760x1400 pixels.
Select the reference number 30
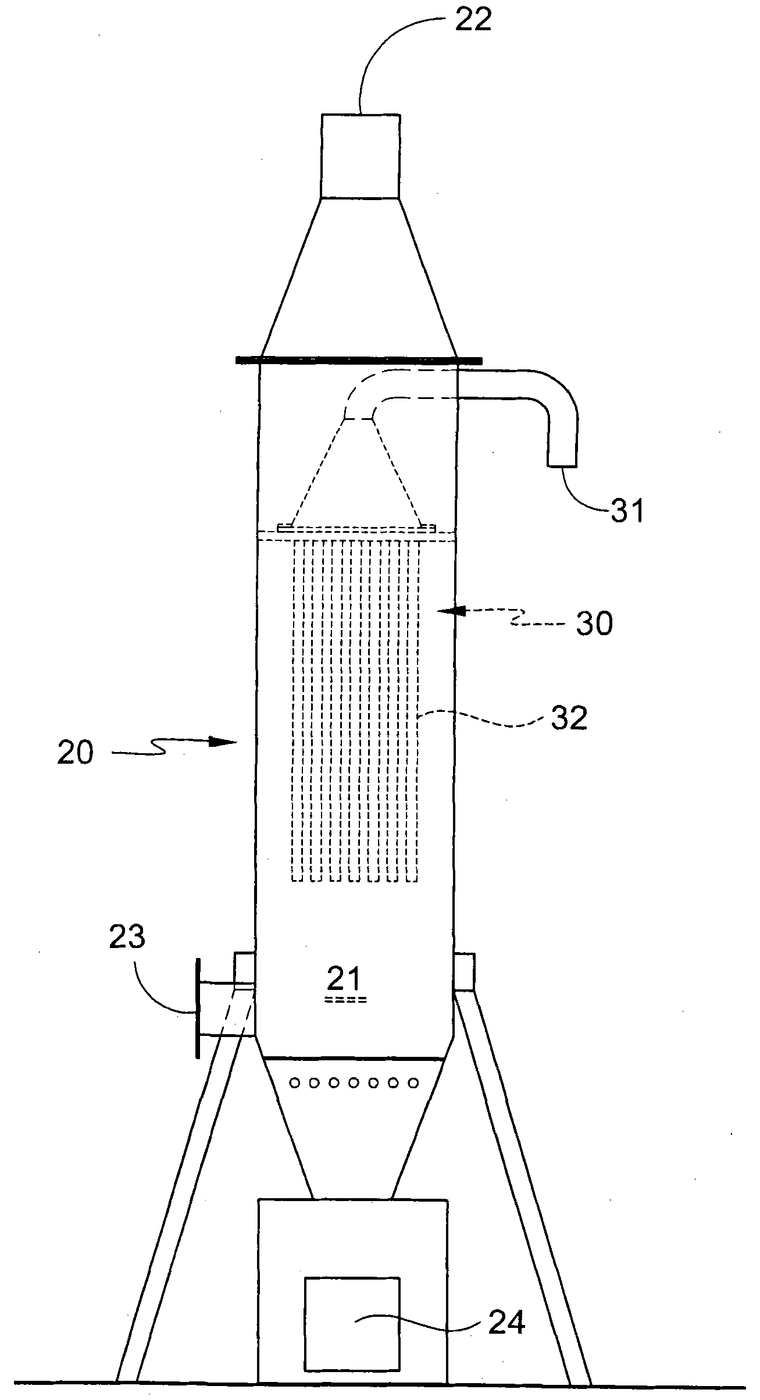click(594, 624)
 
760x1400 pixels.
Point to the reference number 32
click(569, 718)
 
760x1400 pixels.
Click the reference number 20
click(75, 753)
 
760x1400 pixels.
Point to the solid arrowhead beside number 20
click(223, 742)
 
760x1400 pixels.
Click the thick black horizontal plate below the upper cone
click(359, 360)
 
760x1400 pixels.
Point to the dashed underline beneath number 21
click(347, 1000)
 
